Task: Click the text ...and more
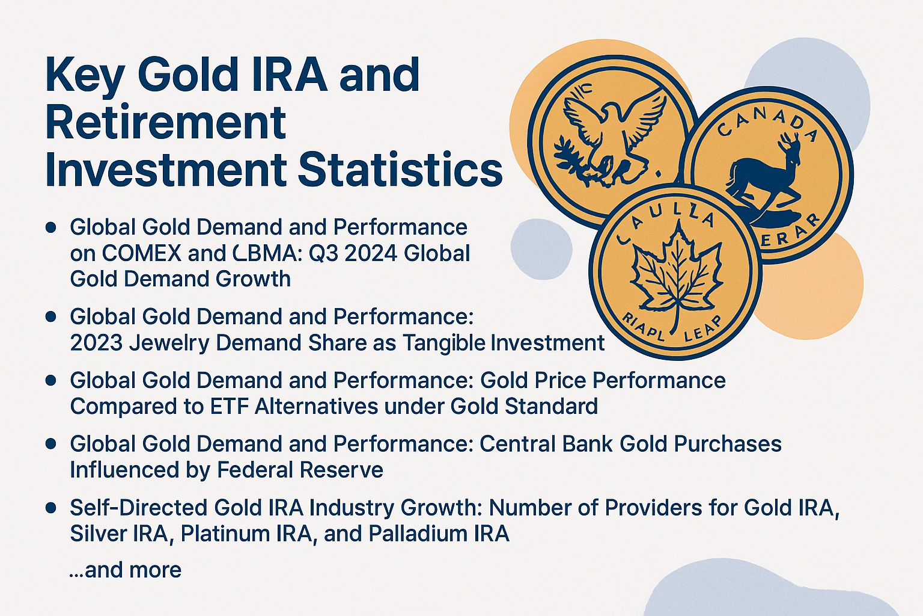(125, 569)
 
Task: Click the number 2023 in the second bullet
(96, 342)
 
